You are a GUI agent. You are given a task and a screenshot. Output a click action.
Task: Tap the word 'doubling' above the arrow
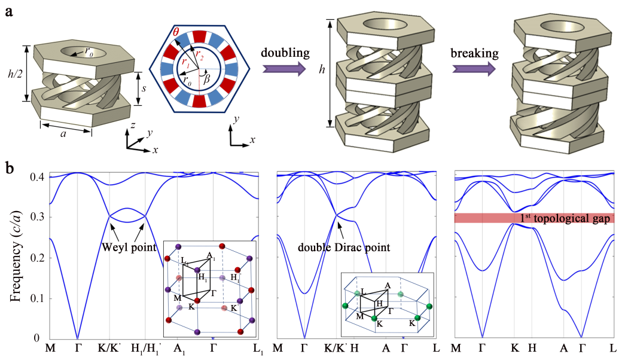pos(285,53)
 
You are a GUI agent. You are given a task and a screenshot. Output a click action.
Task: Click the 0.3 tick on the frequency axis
pos(39,218)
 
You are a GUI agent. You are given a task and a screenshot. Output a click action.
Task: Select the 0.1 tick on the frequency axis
pos(39,298)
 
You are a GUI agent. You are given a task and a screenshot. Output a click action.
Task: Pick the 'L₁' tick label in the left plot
pos(258,348)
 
